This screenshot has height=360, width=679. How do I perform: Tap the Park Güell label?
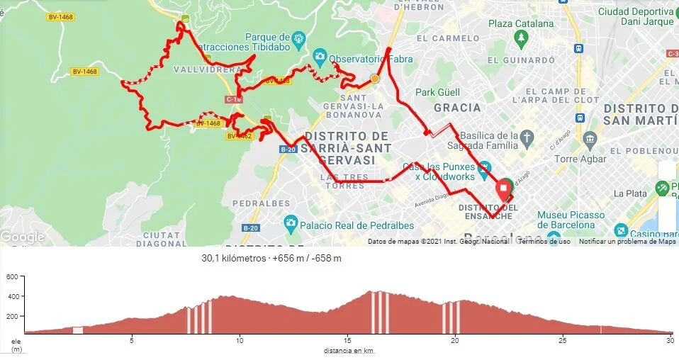tap(437, 92)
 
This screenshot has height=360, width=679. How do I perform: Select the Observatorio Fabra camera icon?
tap(320, 56)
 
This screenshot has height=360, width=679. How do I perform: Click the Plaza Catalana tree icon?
tap(522, 38)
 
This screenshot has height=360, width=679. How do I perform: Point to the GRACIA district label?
tap(457, 108)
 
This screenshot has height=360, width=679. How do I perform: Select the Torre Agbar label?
tap(578, 159)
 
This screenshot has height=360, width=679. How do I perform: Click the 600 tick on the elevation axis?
tap(11, 276)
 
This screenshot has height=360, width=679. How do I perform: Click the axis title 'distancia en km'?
tap(349, 351)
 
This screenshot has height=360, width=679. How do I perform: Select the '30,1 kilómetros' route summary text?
tap(231, 259)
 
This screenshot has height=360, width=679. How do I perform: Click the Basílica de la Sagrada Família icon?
tap(526, 136)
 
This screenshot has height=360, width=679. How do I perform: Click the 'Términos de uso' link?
tap(544, 242)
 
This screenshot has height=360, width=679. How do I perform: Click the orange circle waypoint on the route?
tap(374, 79)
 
